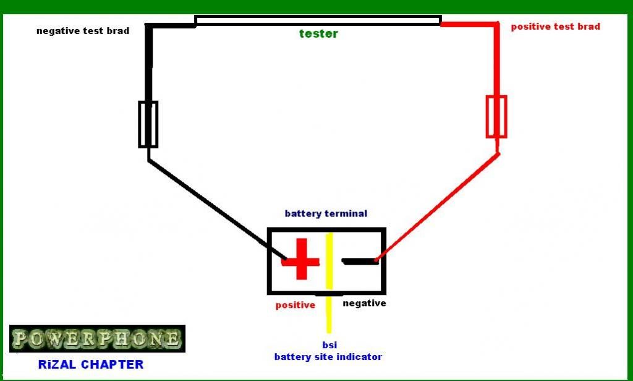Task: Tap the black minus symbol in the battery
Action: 360,262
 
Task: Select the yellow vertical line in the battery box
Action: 329,260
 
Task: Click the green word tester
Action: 318,34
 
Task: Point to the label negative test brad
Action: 83,30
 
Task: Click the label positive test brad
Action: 555,27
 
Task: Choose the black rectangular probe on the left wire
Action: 148,124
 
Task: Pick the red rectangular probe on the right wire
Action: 496,116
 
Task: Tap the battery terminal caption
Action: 326,213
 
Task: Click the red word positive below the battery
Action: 295,305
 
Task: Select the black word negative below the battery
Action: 364,303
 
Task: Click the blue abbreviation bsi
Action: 329,345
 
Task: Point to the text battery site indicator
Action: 328,357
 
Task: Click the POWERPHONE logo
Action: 97,338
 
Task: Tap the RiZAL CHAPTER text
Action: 91,364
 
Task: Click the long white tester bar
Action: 318,21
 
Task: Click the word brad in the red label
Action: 588,27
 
